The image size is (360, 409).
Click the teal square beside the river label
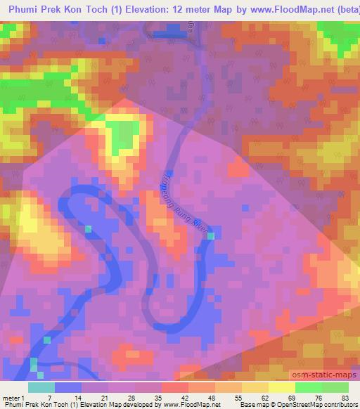pos(211,236)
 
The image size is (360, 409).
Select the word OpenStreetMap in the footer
pos(292,404)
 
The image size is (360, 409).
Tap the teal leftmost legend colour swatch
pos(41,388)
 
